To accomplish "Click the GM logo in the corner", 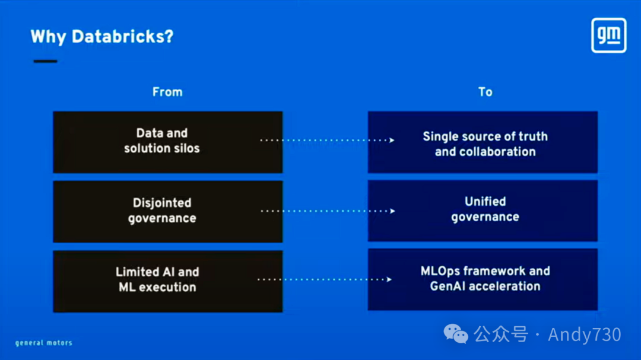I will point(609,36).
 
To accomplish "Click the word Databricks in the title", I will point(123,37).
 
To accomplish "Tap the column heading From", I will point(167,92).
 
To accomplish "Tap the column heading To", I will point(485,92).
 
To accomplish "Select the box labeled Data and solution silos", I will point(167,142).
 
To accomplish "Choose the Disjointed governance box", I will point(167,211).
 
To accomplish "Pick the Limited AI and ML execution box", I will point(167,281).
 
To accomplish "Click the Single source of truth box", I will point(483,142).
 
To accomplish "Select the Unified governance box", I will point(483,210).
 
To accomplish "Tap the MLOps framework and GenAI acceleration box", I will point(483,279).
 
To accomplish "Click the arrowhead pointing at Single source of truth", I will point(392,141).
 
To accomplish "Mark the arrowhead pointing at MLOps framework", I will point(389,279).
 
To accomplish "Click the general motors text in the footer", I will point(44,343).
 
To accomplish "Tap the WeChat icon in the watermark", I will point(456,334).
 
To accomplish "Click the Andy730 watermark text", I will point(584,334).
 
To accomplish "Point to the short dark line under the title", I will point(45,61).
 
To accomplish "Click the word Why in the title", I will point(49,37).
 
